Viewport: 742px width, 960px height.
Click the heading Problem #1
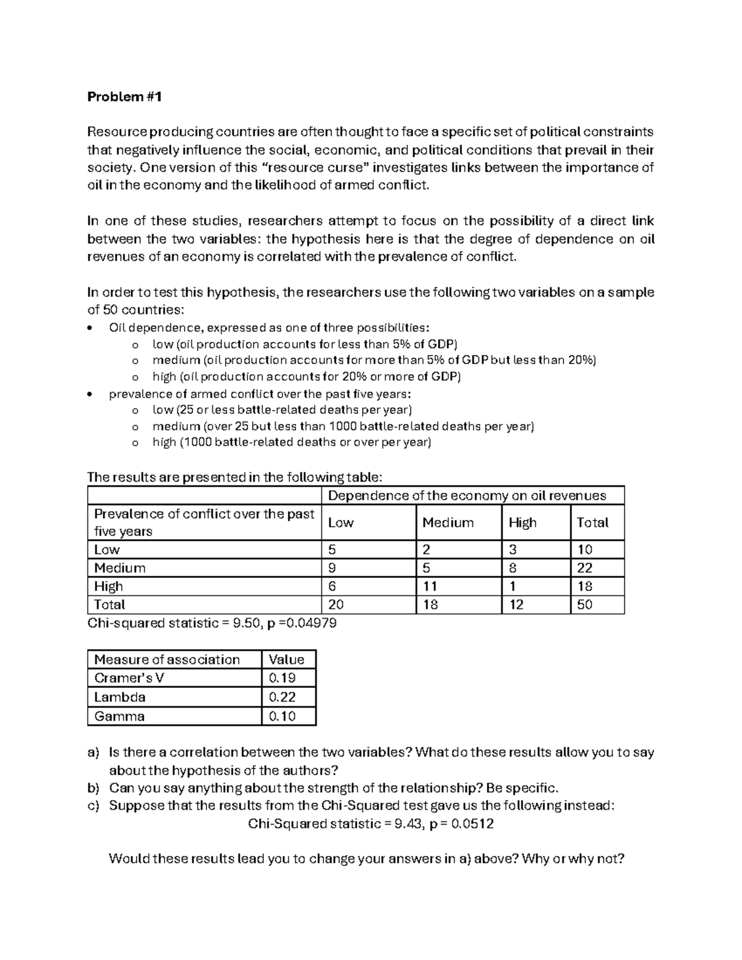tap(124, 96)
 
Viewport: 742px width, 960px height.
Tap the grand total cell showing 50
tap(584, 605)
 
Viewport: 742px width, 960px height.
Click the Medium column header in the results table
tap(448, 522)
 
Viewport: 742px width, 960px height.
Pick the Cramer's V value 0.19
tap(282, 678)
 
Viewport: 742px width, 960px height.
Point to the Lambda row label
tap(120, 697)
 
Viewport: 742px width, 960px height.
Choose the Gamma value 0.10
tap(282, 716)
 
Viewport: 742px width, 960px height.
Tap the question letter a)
tap(93, 752)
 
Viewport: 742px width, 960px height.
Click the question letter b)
tap(93, 788)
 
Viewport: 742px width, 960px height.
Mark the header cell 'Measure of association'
tap(167, 660)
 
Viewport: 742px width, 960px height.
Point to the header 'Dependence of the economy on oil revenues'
tap(467, 496)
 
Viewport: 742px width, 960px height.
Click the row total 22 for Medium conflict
tap(584, 568)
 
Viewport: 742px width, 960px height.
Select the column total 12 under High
tap(516, 605)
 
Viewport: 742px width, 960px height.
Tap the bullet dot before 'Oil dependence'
tap(92, 328)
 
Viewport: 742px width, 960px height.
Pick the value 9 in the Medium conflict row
tap(332, 568)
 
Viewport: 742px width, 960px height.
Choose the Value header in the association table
tap(286, 660)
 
